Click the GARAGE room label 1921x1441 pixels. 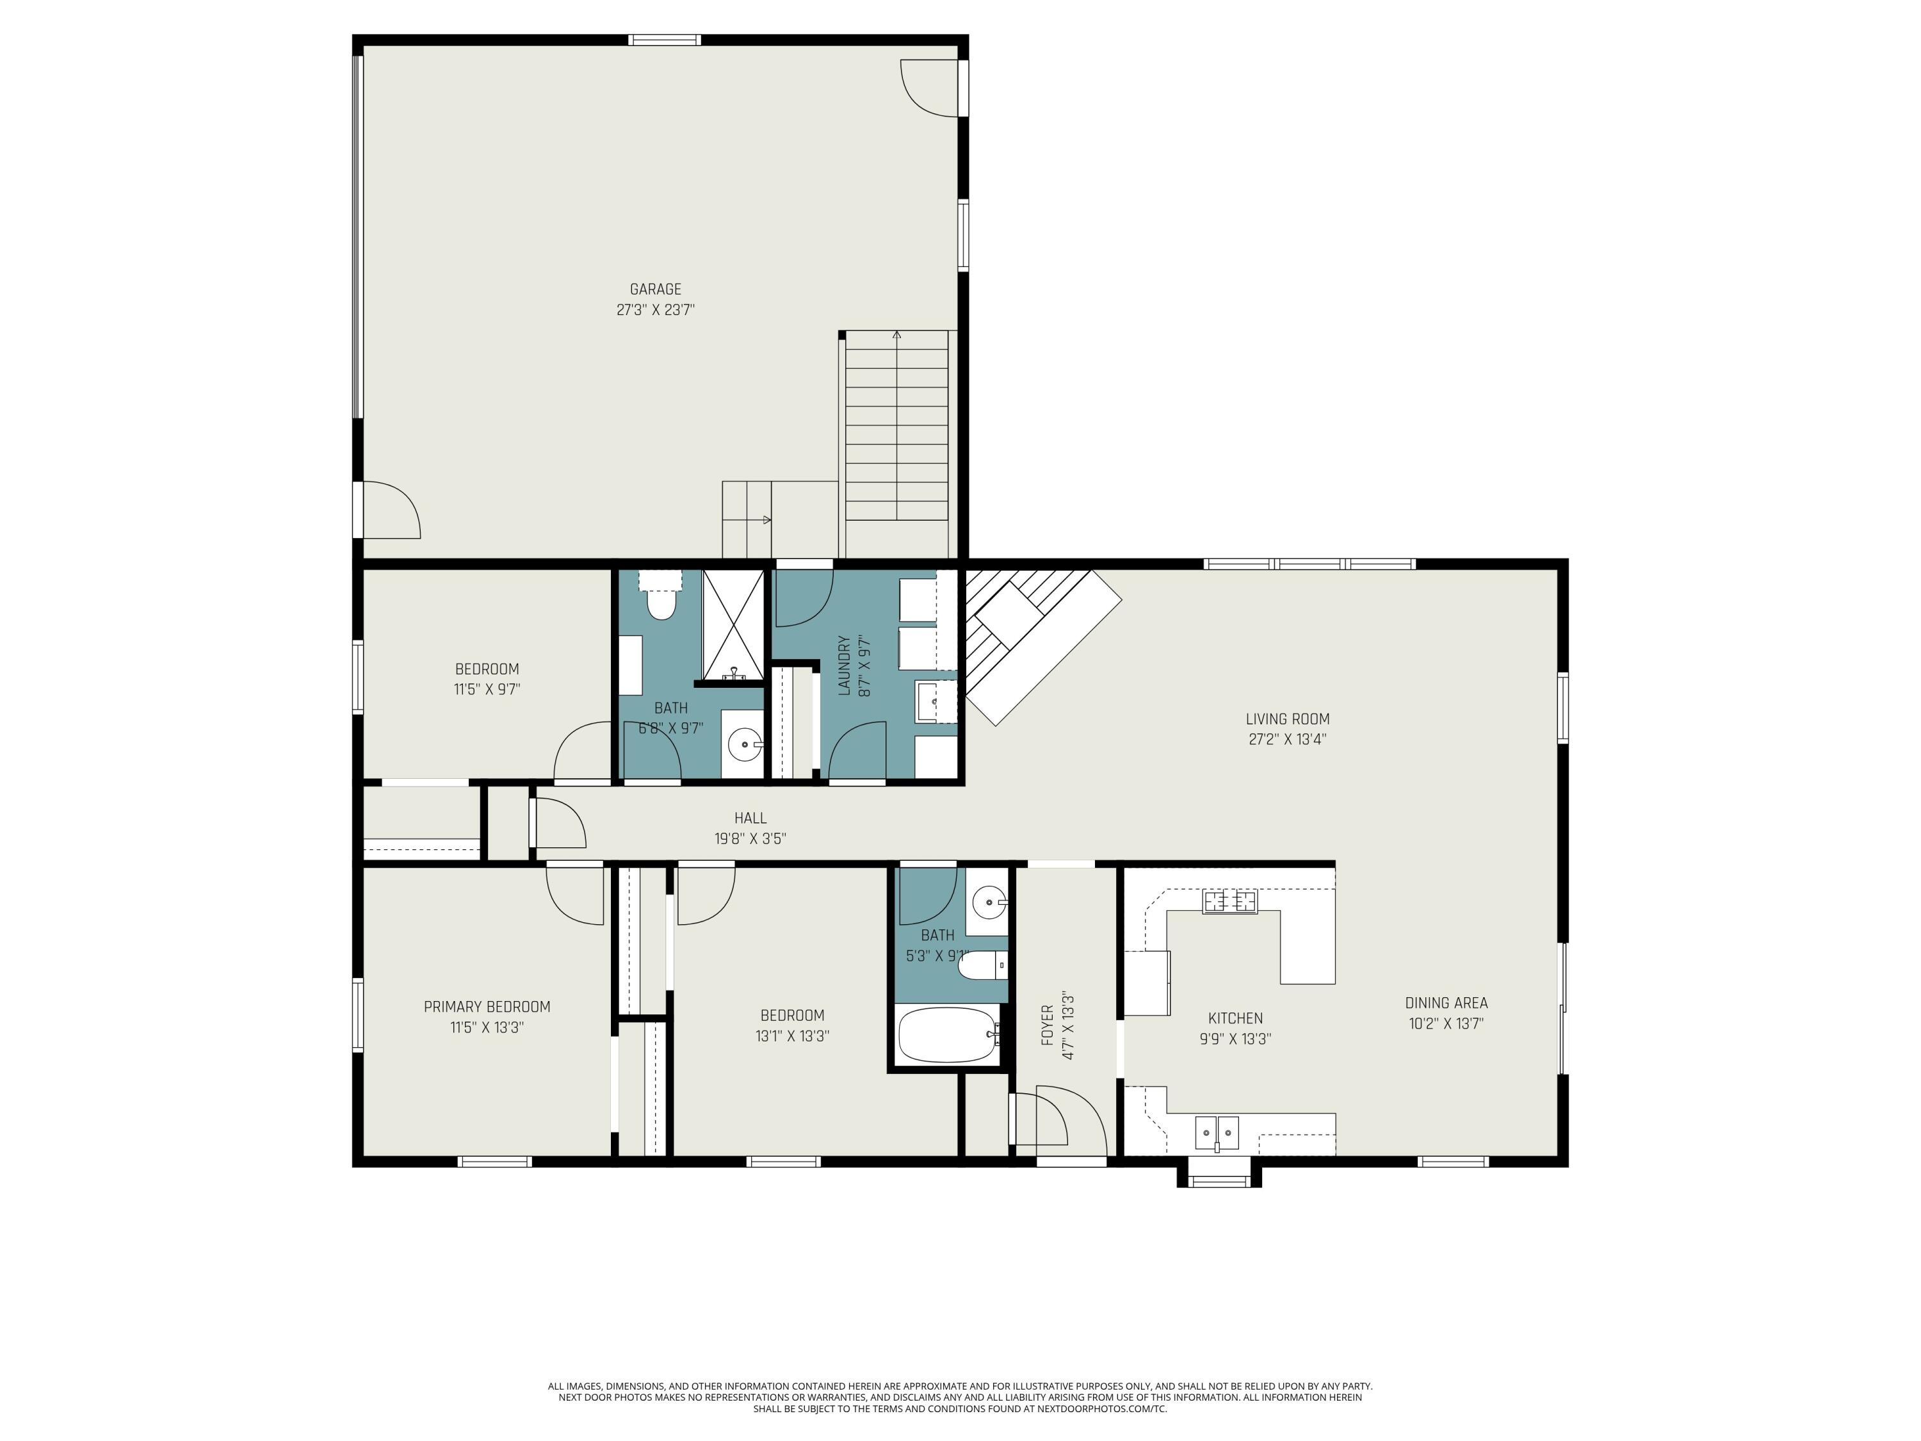[x=655, y=289]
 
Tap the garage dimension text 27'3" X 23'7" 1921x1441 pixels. [x=655, y=310]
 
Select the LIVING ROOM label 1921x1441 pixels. [x=1287, y=719]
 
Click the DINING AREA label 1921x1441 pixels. [x=1446, y=1002]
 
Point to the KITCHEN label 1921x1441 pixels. [x=1235, y=1018]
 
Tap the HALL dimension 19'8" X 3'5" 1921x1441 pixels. [x=750, y=838]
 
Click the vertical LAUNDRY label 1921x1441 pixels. [x=843, y=665]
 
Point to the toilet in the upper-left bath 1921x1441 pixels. [x=661, y=604]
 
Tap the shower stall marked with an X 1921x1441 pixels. [x=732, y=624]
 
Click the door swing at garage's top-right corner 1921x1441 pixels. [x=930, y=87]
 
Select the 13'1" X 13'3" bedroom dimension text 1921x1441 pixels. [x=792, y=1036]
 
